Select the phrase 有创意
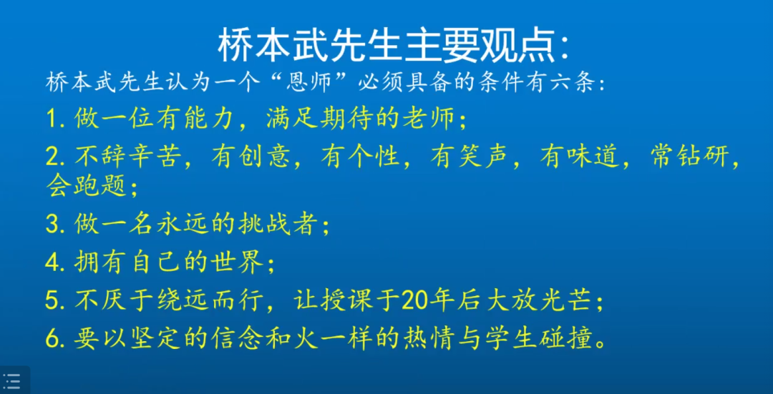click(x=240, y=158)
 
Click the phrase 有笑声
click(x=459, y=158)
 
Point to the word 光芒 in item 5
click(x=570, y=300)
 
